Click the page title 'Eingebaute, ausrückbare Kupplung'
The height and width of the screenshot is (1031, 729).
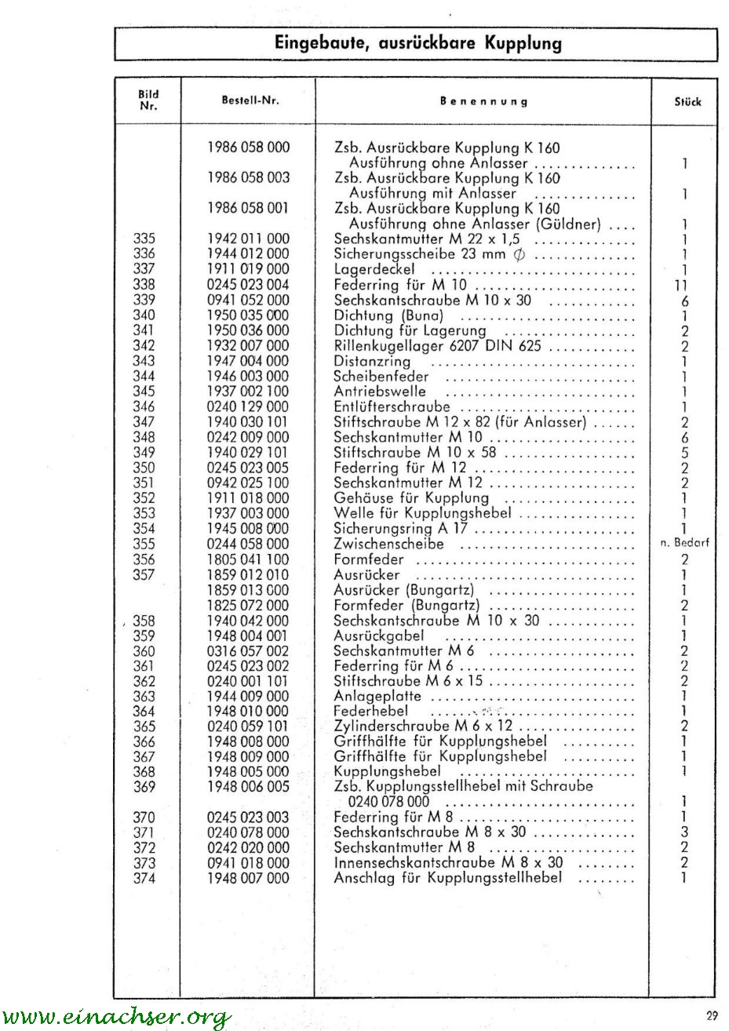[x=417, y=43]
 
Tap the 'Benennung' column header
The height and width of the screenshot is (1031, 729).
[x=483, y=101]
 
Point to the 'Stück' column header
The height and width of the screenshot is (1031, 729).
[x=687, y=101]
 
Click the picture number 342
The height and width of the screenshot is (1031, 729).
[x=144, y=346]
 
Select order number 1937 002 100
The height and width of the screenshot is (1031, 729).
[x=248, y=392]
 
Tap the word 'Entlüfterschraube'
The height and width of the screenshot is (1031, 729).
[x=392, y=406]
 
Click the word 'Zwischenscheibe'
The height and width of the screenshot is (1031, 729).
[x=388, y=544]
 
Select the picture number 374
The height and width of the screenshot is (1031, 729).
[x=144, y=879]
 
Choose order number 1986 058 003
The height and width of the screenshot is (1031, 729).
[x=248, y=178]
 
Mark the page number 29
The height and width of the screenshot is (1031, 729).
[x=711, y=1016]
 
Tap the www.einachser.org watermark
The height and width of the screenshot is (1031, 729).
[x=116, y=1018]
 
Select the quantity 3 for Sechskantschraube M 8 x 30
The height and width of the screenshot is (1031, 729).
[x=684, y=832]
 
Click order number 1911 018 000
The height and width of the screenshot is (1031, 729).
[x=248, y=498]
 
